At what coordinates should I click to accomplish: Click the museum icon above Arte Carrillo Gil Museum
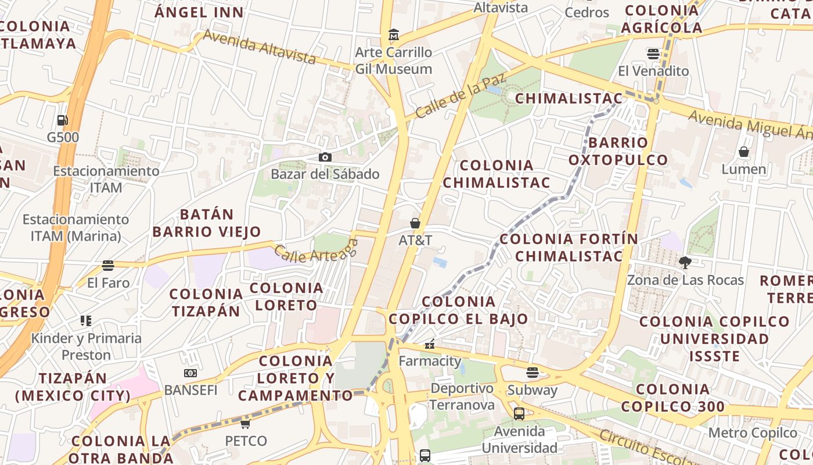tap(394, 35)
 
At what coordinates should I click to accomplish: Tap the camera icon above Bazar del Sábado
tap(325, 157)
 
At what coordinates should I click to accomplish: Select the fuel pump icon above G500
tap(62, 120)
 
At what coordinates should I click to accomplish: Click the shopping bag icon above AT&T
tap(415, 223)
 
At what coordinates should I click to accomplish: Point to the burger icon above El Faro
tap(108, 266)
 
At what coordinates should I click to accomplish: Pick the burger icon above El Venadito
tap(653, 54)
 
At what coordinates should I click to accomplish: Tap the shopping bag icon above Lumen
tap(744, 152)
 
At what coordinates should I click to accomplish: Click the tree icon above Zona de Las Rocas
tap(685, 263)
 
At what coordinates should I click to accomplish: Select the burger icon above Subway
tap(533, 373)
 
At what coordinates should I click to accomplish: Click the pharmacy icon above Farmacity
tap(430, 344)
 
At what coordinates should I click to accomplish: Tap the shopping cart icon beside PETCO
tap(246, 424)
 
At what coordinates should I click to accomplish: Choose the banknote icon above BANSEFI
tap(190, 373)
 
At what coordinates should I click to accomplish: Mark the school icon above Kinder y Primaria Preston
tap(86, 321)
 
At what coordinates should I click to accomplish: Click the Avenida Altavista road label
tap(260, 47)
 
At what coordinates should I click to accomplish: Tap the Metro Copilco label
tap(753, 433)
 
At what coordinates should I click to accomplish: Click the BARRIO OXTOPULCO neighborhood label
tap(618, 151)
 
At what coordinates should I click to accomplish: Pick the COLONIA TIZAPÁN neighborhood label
tap(206, 302)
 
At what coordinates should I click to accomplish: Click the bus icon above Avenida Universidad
tap(519, 414)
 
